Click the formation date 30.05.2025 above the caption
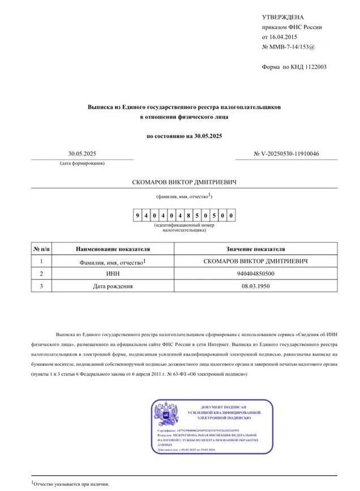pyautogui.click(x=82, y=153)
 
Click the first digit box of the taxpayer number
pyautogui.click(x=138, y=215)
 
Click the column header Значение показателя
pyautogui.click(x=256, y=249)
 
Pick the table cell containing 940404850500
pyautogui.click(x=256, y=274)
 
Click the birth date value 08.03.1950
pyautogui.click(x=256, y=286)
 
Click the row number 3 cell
pyautogui.click(x=41, y=286)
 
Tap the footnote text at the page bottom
pyautogui.click(x=70, y=484)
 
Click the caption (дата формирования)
pyautogui.click(x=82, y=163)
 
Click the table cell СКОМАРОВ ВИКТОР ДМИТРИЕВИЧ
pyautogui.click(x=256, y=261)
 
